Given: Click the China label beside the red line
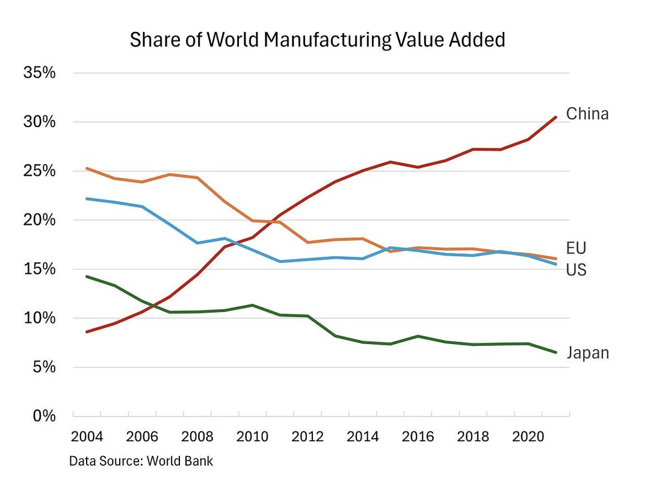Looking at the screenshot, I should pyautogui.click(x=587, y=113).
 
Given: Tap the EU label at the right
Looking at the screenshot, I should pyautogui.click(x=576, y=248).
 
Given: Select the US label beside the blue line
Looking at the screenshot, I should pyautogui.click(x=576, y=269).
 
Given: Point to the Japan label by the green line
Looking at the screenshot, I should pyautogui.click(x=587, y=353).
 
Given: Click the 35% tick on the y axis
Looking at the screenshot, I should pyautogui.click(x=39, y=73).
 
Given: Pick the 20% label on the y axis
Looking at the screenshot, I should pyautogui.click(x=39, y=221).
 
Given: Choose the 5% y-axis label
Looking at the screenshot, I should pyautogui.click(x=43, y=368).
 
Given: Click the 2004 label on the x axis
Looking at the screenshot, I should pyautogui.click(x=87, y=436).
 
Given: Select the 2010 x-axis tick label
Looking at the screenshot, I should pyautogui.click(x=253, y=436).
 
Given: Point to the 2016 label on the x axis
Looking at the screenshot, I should pyautogui.click(x=418, y=436).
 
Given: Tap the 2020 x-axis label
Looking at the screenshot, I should pyautogui.click(x=528, y=436).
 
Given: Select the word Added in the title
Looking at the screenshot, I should pyautogui.click(x=479, y=40).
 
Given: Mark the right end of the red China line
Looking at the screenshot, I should pyautogui.click(x=555, y=117).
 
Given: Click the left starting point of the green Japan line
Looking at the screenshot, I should pyautogui.click(x=87, y=277).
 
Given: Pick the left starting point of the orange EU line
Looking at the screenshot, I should pyautogui.click(x=87, y=168).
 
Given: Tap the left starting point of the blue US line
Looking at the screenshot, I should pyautogui.click(x=87, y=198).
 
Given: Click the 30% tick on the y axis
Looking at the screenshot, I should pyautogui.click(x=39, y=122).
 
